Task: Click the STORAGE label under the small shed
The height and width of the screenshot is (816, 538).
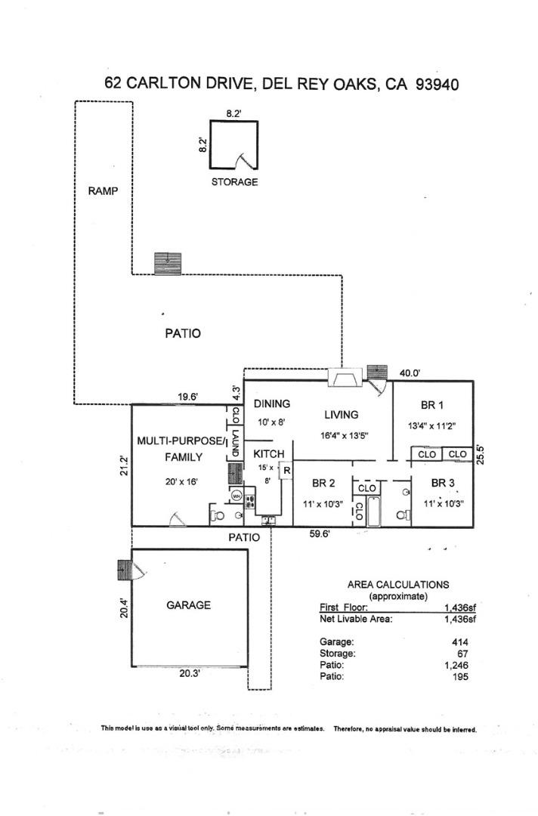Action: click(x=234, y=182)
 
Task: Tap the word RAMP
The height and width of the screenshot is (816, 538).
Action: click(x=104, y=191)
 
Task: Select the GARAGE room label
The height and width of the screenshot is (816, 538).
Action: click(x=188, y=605)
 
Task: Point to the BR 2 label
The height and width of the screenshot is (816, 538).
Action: click(x=323, y=484)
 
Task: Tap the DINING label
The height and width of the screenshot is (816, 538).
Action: click(x=271, y=404)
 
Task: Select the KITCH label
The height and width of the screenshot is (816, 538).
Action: click(x=268, y=454)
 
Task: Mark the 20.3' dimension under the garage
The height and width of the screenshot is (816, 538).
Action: click(x=190, y=674)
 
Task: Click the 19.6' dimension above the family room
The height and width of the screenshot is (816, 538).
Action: click(x=188, y=395)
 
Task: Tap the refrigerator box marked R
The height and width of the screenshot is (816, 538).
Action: click(x=286, y=471)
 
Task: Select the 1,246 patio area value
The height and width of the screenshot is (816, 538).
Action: click(x=456, y=665)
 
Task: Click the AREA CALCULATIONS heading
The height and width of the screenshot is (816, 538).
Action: click(x=397, y=584)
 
